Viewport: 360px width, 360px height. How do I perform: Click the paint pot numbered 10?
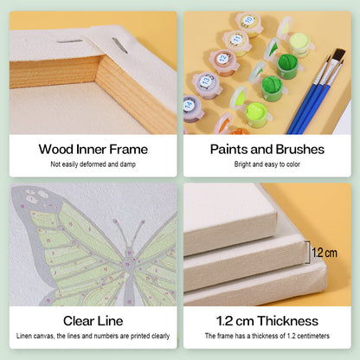(249, 24)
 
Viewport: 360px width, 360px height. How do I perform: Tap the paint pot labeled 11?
(236, 42)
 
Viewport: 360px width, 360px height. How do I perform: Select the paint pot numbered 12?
(223, 62)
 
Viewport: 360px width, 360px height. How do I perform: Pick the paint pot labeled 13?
(207, 85)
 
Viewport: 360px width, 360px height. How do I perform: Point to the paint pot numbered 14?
(192, 108)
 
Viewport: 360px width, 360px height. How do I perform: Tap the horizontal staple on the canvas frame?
(69, 42)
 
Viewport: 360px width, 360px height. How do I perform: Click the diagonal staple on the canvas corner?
(119, 46)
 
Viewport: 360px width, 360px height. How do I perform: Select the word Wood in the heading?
(56, 150)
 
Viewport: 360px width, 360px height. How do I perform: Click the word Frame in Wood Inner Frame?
(129, 150)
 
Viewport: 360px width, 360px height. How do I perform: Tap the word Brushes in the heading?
(300, 150)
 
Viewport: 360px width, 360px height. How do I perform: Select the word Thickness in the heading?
(288, 321)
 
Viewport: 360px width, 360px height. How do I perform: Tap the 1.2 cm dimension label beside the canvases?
(325, 253)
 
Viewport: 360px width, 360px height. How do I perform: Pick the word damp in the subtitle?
(128, 164)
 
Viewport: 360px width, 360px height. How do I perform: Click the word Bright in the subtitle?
(242, 164)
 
